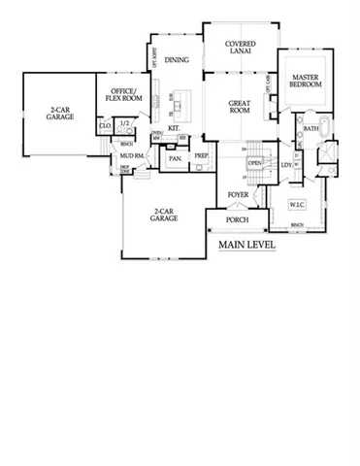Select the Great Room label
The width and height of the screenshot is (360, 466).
click(240, 106)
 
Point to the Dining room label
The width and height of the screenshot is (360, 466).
click(178, 60)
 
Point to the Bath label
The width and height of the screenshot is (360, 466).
click(311, 128)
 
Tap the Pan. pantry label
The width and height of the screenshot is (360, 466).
click(177, 157)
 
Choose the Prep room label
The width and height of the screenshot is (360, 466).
click(202, 155)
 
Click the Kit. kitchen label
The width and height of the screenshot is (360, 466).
click(175, 127)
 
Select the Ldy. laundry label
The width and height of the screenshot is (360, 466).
click(286, 165)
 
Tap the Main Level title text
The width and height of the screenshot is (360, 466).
click(246, 245)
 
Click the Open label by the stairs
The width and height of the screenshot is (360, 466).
click(255, 163)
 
